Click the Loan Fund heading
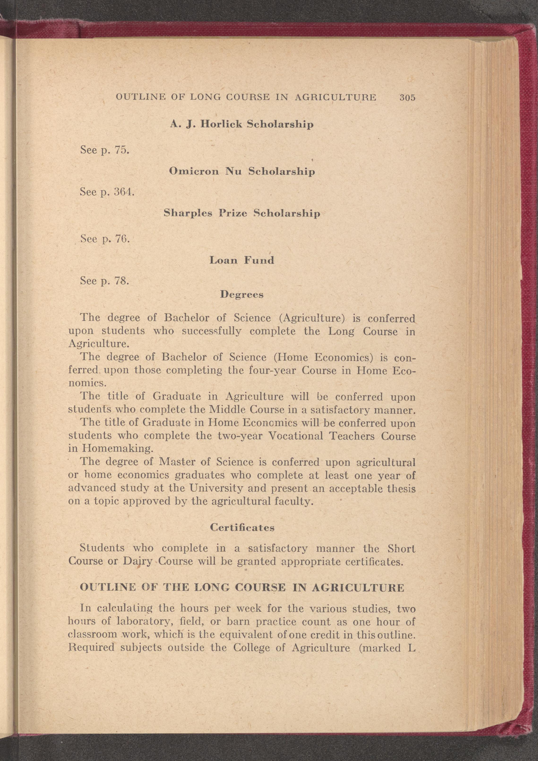(x=242, y=260)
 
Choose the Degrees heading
(x=242, y=294)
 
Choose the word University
(x=215, y=488)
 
